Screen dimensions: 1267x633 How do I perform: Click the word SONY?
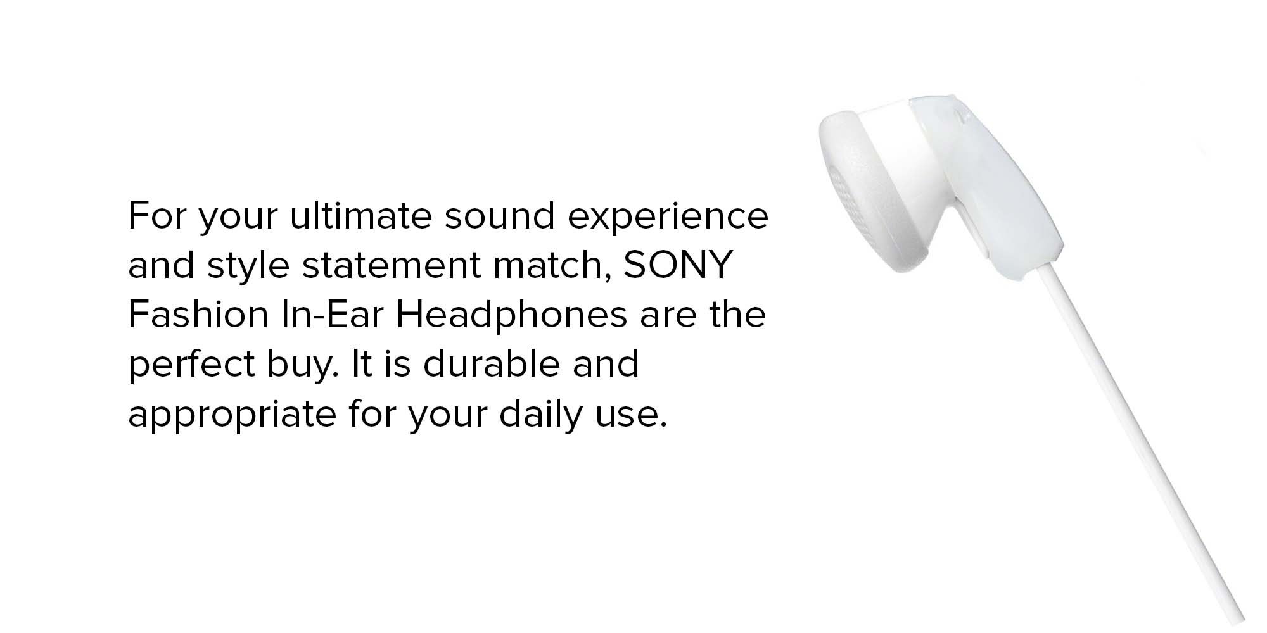pyautogui.click(x=678, y=265)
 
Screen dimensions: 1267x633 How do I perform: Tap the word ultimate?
pyautogui.click(x=360, y=216)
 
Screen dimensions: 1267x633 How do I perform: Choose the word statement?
pyautogui.click(x=392, y=266)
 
